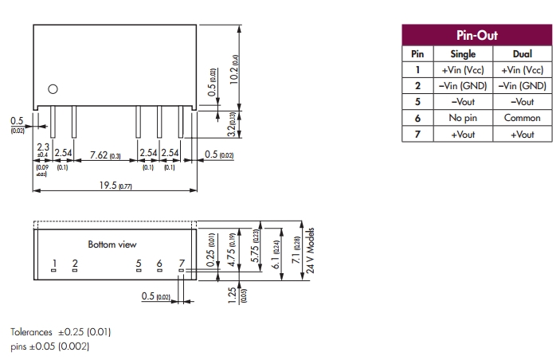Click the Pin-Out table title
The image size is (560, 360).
tap(476, 36)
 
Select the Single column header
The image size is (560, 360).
tap(463, 54)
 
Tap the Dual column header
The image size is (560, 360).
tap(523, 54)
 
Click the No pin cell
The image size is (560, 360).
tap(463, 118)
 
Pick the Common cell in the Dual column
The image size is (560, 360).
tap(523, 118)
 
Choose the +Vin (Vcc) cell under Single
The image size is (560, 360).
tap(463, 70)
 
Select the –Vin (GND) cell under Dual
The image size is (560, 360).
tap(523, 86)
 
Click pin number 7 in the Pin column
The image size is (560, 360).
tap(417, 135)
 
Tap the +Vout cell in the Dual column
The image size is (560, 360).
tap(523, 135)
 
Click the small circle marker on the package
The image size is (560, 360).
tap(53, 89)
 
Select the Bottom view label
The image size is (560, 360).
tap(112, 244)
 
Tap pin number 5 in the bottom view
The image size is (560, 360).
tap(139, 263)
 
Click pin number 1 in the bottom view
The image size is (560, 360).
tap(54, 263)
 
